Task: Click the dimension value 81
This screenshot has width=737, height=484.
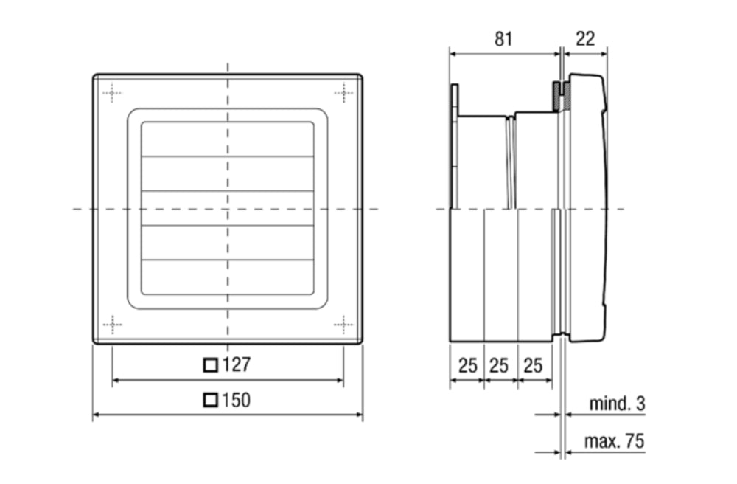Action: (x=503, y=38)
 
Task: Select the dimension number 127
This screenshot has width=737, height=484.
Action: (x=236, y=364)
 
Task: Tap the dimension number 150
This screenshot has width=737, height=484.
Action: (x=236, y=400)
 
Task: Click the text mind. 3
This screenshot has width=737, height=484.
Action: (x=617, y=404)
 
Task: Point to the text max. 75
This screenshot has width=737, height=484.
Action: (x=614, y=441)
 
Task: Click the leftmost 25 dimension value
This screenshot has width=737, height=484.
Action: (x=467, y=365)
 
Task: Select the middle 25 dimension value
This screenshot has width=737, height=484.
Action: (x=500, y=365)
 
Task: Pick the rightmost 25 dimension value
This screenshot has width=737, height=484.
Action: (x=534, y=365)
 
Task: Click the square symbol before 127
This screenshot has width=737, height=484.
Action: (x=211, y=364)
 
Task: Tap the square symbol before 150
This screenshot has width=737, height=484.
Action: (x=211, y=400)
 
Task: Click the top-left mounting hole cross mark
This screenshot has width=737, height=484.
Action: (x=111, y=92)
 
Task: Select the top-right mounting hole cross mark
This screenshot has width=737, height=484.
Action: (x=343, y=92)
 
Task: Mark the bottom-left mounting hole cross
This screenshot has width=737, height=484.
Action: (x=111, y=324)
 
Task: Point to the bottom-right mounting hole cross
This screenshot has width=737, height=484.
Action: (x=343, y=324)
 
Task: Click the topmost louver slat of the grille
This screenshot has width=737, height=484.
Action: (x=227, y=139)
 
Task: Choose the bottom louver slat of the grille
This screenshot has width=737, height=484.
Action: (x=227, y=277)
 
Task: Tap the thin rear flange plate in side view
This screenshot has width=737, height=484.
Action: (x=454, y=148)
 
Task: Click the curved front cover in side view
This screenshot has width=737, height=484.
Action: (x=590, y=207)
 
